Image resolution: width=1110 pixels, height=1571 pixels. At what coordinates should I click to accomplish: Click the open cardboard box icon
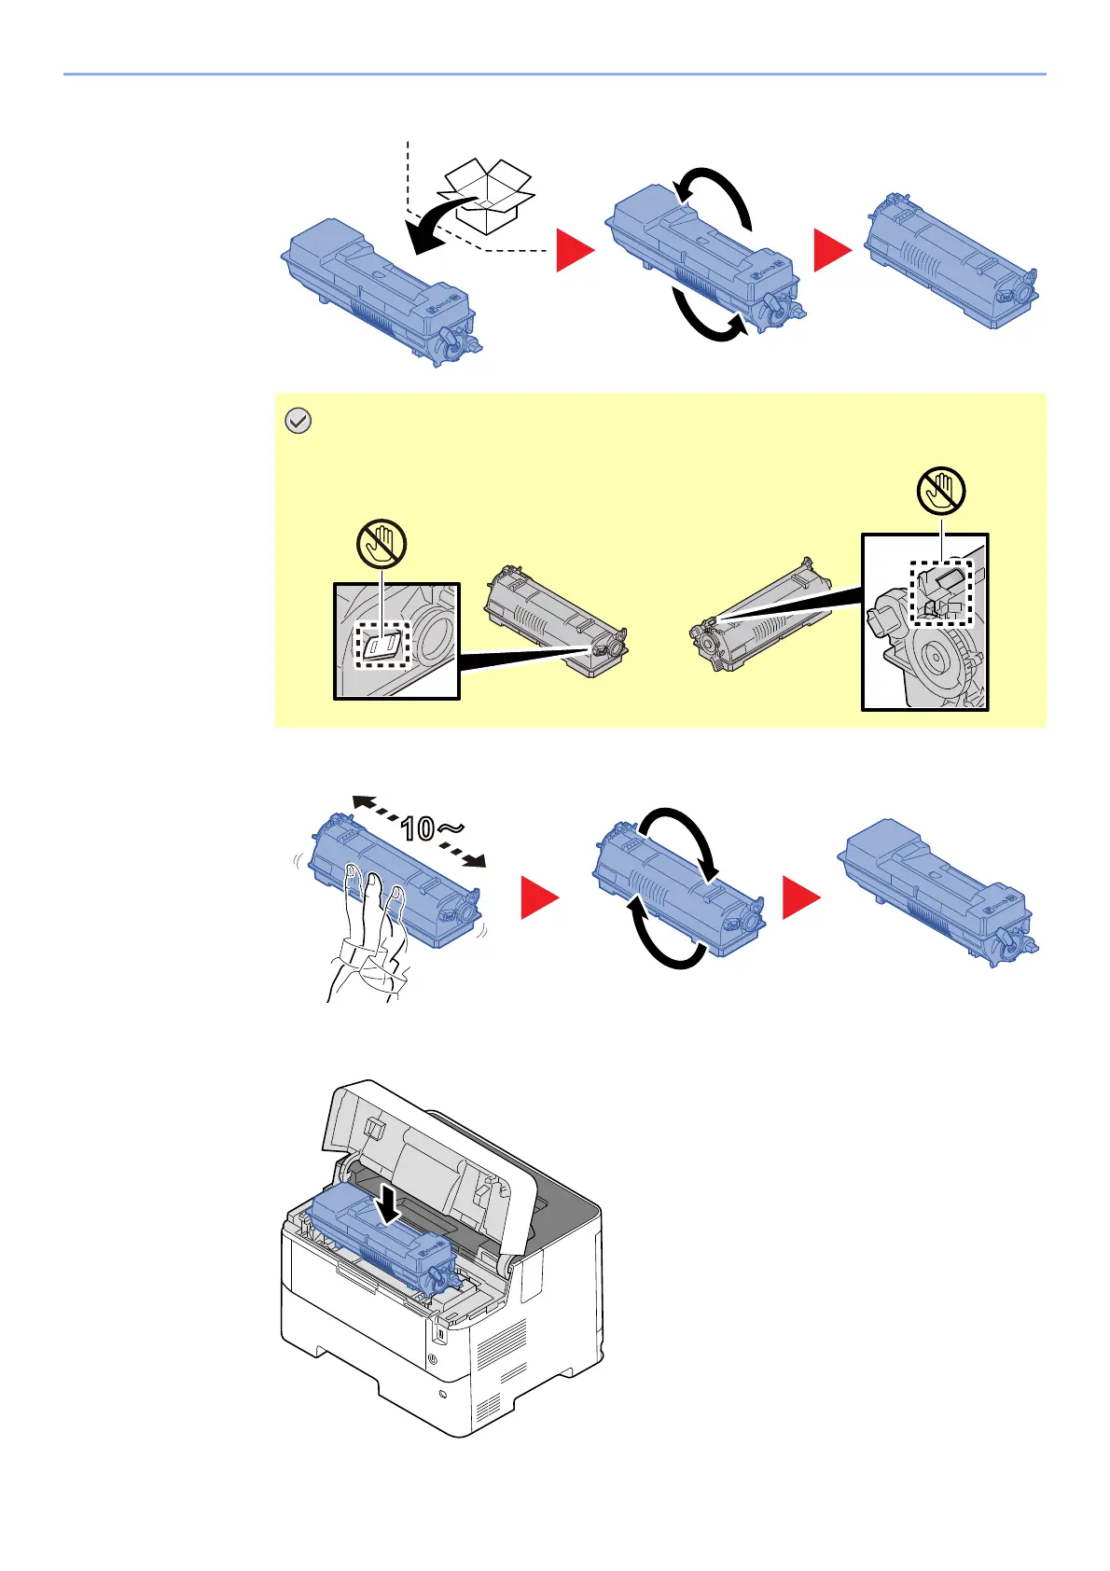coord(487,195)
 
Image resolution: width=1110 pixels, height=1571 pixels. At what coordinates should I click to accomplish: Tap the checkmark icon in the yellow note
coord(297,422)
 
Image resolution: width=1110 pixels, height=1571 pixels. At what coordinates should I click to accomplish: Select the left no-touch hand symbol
coord(382,543)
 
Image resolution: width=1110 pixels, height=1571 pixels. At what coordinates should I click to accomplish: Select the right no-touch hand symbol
coord(941,491)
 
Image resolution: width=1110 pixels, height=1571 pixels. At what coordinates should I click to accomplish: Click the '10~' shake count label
coord(432,827)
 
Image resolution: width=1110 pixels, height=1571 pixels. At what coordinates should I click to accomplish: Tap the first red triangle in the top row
coord(575,251)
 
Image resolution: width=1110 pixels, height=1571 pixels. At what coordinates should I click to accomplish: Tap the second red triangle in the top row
coord(832,251)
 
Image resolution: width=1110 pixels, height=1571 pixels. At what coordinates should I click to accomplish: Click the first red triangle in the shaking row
coord(539,898)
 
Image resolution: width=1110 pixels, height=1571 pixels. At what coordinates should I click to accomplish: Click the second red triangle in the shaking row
coord(800,898)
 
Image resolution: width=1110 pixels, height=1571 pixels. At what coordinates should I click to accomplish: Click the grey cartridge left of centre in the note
coord(556,621)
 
